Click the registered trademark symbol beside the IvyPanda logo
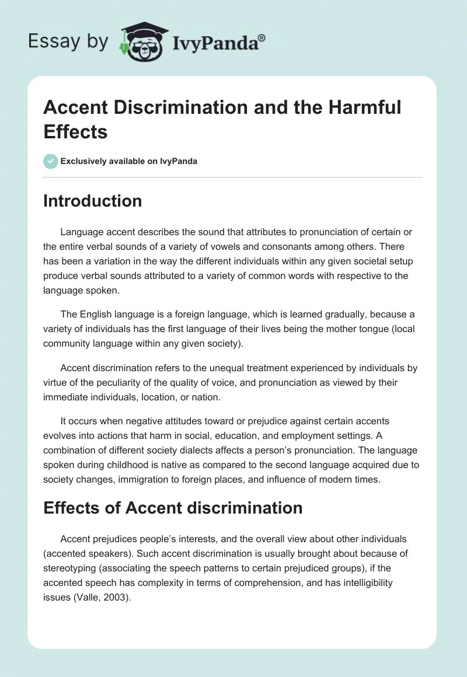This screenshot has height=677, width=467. (262, 39)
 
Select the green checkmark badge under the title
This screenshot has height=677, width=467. (51, 161)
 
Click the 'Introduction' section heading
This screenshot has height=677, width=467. (93, 201)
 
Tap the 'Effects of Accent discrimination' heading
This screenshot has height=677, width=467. (173, 507)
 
